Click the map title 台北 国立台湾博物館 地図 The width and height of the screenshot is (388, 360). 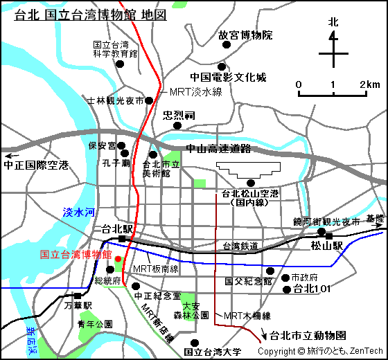tap(90, 15)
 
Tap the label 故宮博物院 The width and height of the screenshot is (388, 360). tap(245, 35)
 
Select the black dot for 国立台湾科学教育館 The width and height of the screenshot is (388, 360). tap(120, 64)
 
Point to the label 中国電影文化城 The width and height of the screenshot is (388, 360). tap(228, 78)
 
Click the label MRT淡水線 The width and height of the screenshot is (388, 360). tap(195, 91)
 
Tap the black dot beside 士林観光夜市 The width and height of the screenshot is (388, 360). tap(148, 101)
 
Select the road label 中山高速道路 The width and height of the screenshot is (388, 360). tap(218, 148)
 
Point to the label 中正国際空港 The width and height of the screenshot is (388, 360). tap(36, 165)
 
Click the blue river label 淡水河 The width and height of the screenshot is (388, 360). tap(78, 213)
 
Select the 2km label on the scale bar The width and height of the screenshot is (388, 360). tap(370, 84)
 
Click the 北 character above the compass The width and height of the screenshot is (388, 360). tap(333, 21)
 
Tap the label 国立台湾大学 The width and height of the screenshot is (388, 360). tap(213, 352)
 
